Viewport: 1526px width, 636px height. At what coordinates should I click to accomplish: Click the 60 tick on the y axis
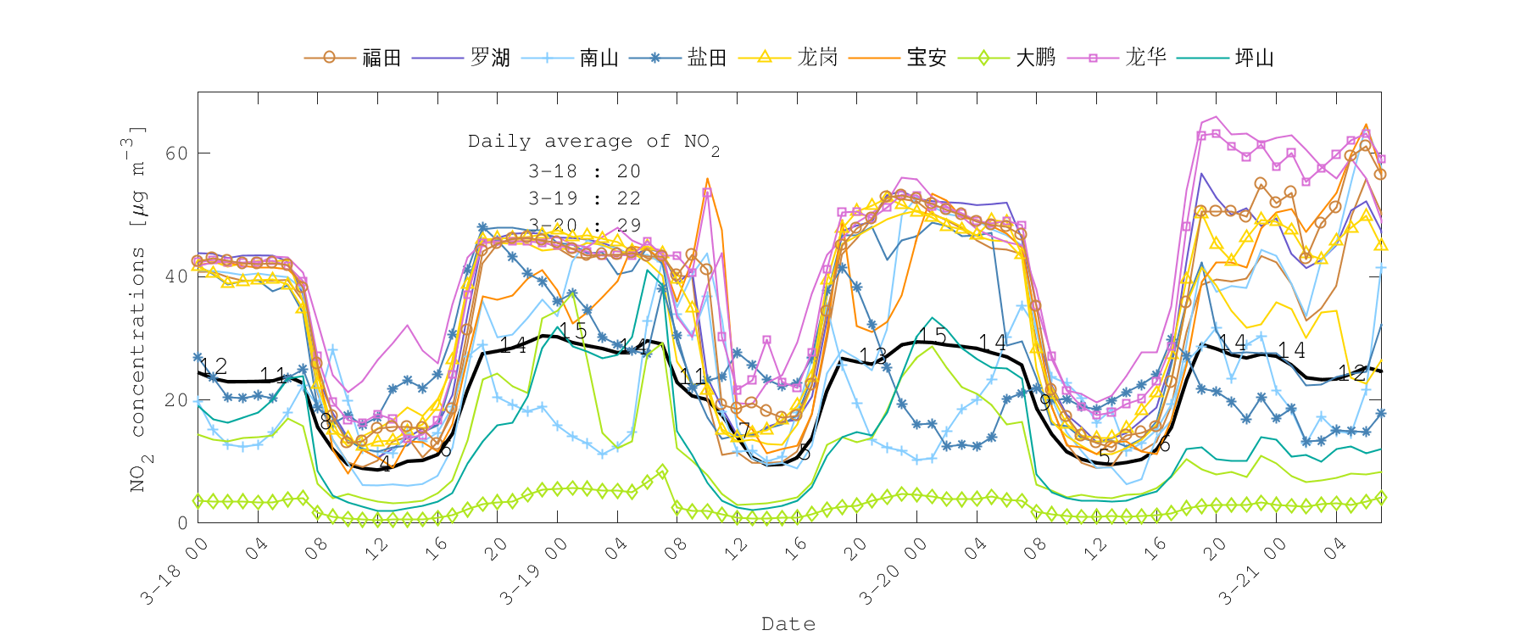[x=177, y=153]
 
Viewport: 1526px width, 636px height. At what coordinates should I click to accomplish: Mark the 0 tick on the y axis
[x=182, y=523]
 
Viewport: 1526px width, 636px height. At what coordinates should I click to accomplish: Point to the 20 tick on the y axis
[x=177, y=400]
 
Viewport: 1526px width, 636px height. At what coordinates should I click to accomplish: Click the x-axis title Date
[x=788, y=624]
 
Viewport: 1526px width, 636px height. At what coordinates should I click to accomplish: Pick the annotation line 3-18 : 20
[x=584, y=171]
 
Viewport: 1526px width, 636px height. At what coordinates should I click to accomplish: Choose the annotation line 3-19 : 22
[x=584, y=198]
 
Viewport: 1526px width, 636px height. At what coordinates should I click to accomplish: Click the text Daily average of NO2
[x=593, y=142]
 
